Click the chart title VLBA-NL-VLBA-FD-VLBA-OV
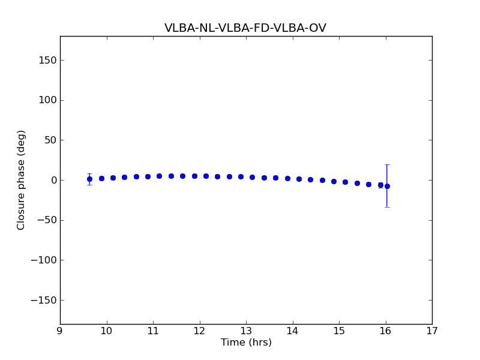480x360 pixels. coord(245,28)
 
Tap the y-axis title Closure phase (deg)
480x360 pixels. coord(22,180)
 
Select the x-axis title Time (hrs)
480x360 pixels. coord(246,343)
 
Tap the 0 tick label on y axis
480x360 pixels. coord(53,180)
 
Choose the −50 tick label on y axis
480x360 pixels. coord(45,220)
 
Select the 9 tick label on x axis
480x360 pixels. coord(60,331)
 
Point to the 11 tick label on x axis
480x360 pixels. coord(153,331)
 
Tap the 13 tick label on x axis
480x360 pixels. coord(246,331)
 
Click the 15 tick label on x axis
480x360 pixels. coord(339,331)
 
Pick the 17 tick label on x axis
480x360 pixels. coord(432,331)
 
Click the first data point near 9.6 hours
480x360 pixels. coord(89,179)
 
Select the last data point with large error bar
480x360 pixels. coord(387,186)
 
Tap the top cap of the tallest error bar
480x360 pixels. coord(387,164)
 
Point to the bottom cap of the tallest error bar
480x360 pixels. coord(387,207)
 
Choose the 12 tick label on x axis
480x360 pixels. coord(199,331)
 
